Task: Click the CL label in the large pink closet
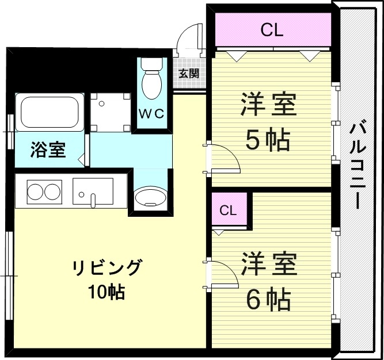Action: (272, 30)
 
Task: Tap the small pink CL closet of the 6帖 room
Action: (229, 210)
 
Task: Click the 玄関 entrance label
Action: (189, 73)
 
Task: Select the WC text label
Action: (152, 114)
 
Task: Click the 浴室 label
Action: (48, 151)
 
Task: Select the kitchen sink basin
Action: (93, 191)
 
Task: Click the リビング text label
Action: (107, 268)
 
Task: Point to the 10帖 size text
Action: (107, 292)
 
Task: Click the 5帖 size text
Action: (268, 140)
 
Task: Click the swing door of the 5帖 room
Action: (223, 158)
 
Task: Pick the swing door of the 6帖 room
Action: (223, 274)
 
